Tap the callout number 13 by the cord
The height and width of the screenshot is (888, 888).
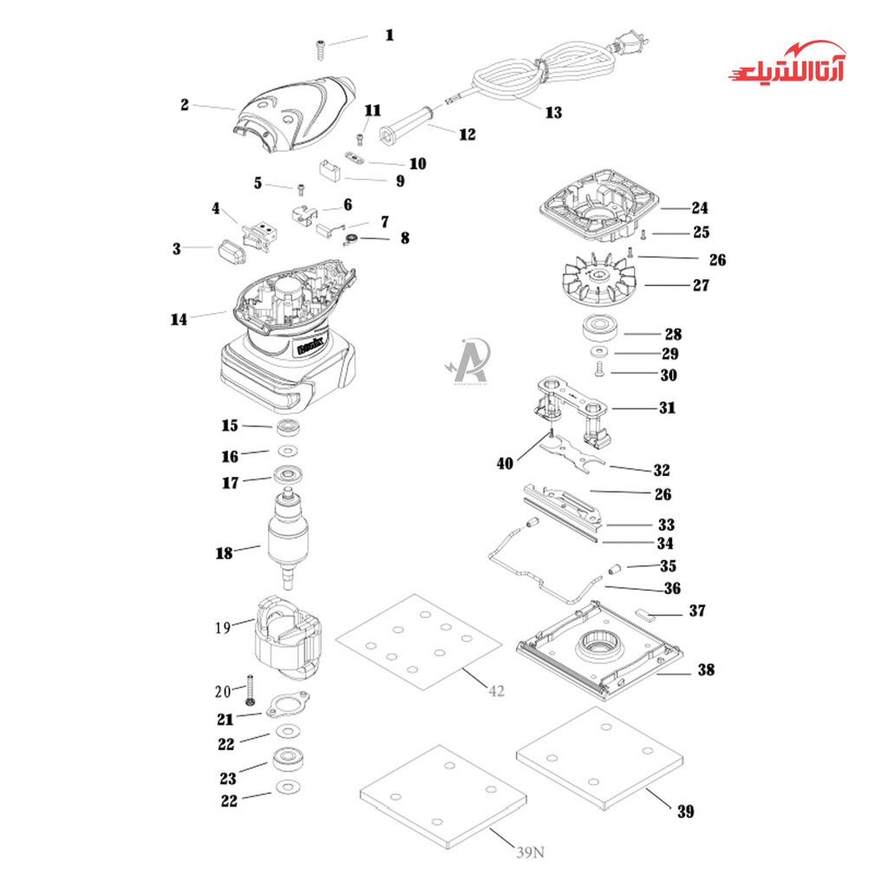coord(553,112)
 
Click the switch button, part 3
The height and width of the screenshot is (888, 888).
coord(229,251)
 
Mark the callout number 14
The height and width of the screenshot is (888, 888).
coord(179,319)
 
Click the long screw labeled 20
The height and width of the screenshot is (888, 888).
coord(249,689)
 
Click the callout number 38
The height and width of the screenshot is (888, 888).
coord(705,669)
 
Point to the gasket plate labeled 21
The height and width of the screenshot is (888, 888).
coord(287,708)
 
